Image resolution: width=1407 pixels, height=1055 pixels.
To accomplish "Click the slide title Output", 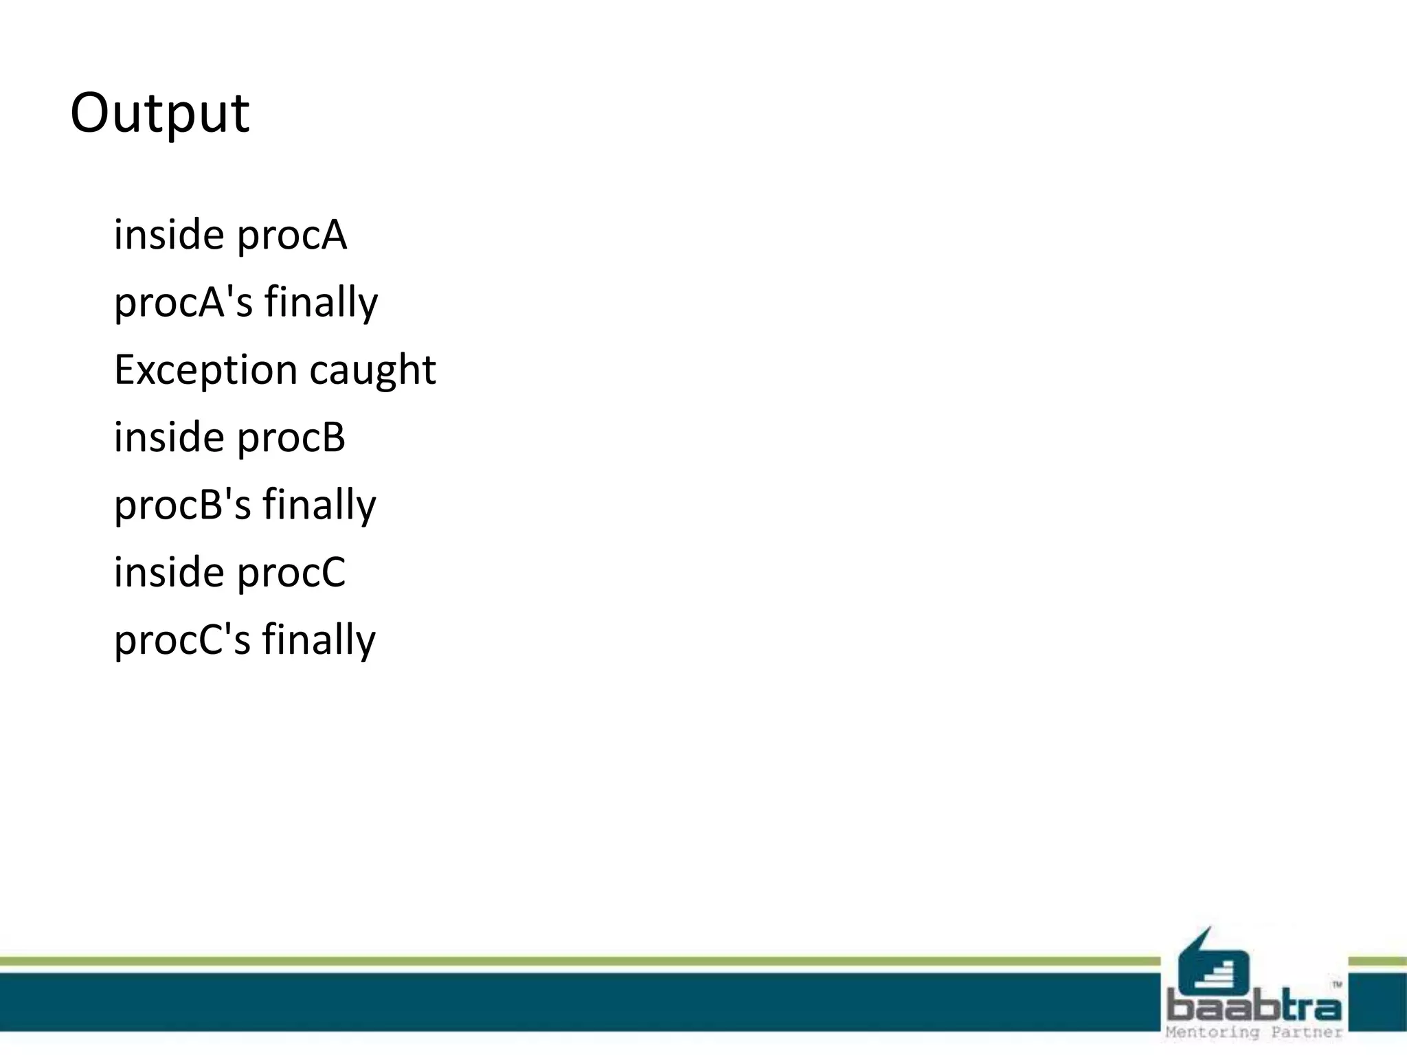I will (159, 113).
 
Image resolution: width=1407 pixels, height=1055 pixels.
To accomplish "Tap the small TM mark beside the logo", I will (1337, 985).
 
